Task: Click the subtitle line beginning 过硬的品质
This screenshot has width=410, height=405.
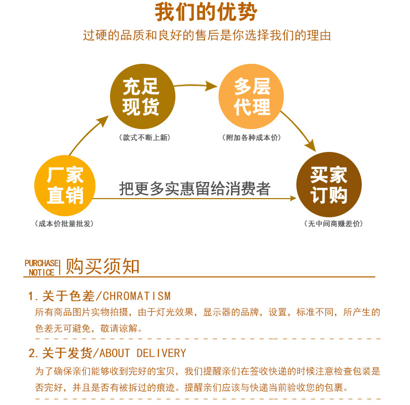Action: point(207,36)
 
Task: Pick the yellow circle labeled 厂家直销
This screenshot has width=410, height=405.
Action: point(65,185)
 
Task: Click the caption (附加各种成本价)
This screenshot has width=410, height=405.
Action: point(251,138)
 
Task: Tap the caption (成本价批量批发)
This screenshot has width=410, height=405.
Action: point(65,224)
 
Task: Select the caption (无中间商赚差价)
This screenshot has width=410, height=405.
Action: point(333,224)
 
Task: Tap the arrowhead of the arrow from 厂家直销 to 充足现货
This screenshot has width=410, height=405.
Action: point(103,122)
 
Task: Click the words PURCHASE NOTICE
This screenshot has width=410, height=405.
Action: point(42,268)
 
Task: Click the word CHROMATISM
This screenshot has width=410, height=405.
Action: point(136,297)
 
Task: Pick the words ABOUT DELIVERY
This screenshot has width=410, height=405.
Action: point(142,354)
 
